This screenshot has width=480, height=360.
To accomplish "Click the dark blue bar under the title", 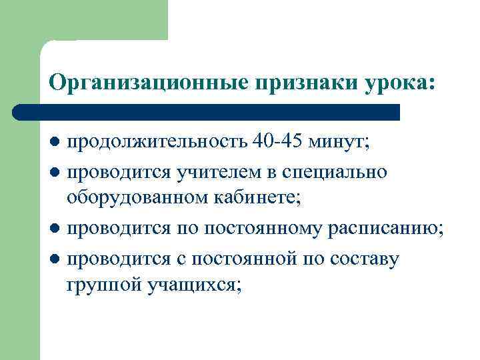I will coord(207,112).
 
